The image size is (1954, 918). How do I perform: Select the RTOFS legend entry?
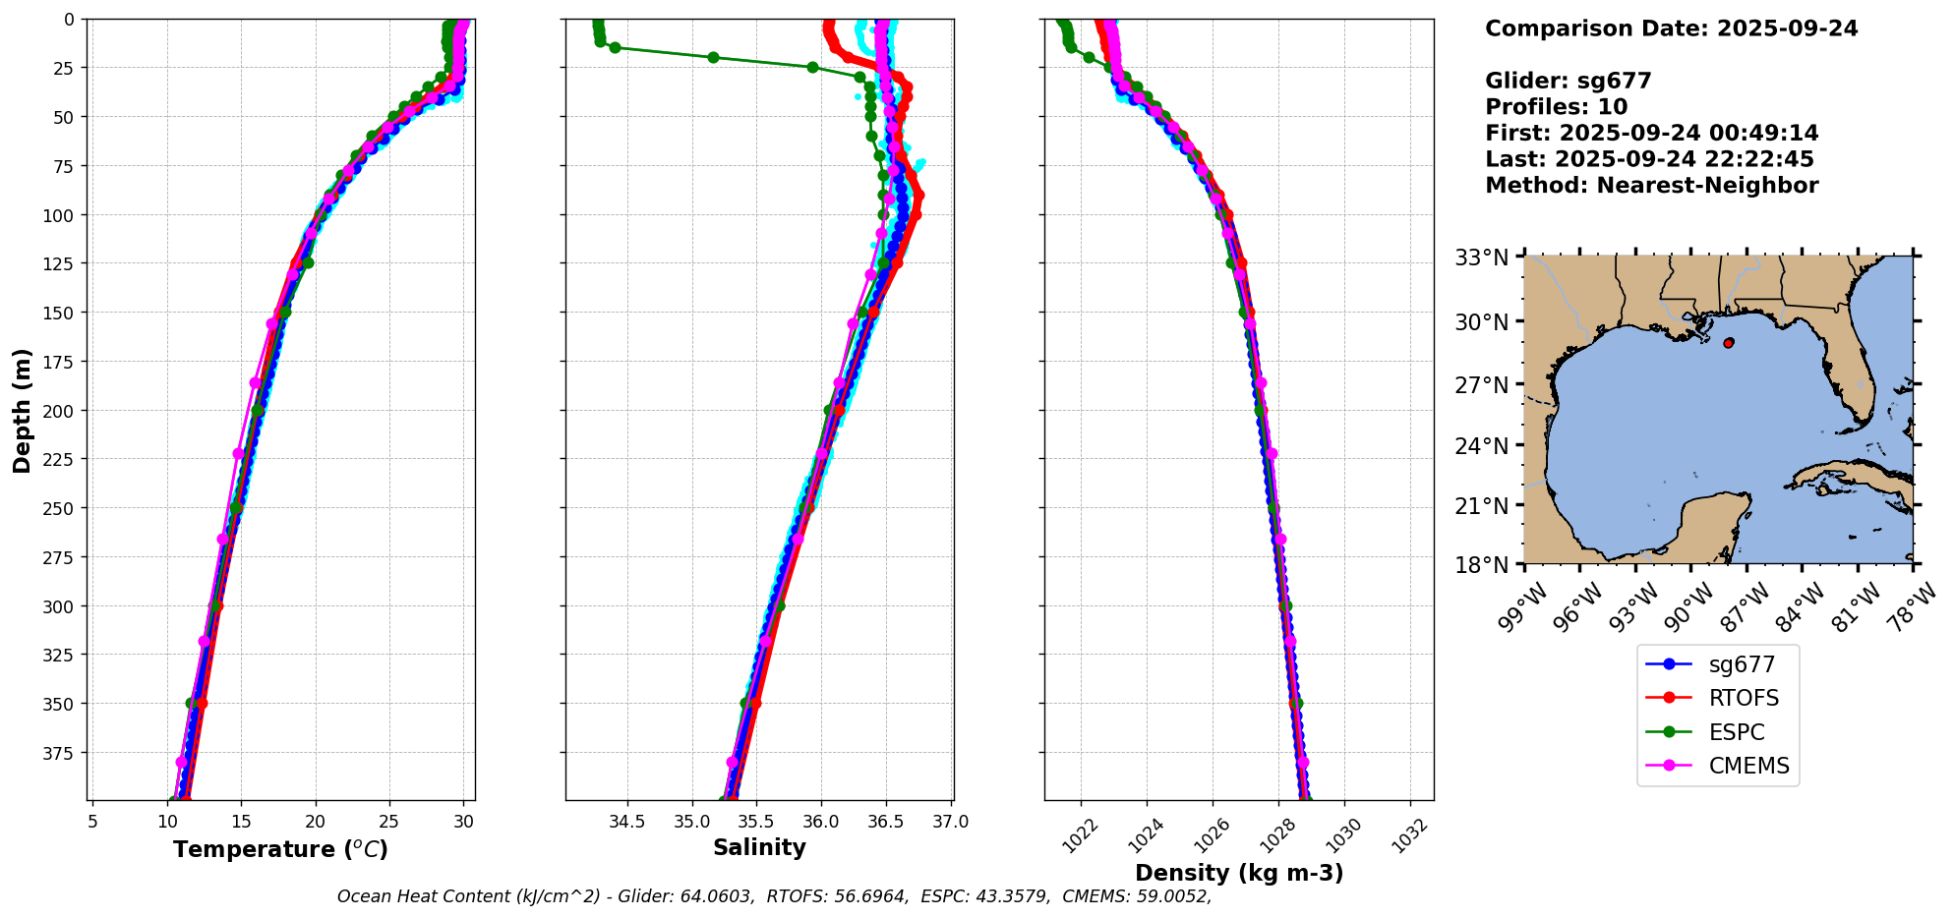click(1743, 698)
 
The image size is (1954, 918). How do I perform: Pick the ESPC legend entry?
click(1736, 732)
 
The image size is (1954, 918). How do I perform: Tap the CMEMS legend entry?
click(1748, 766)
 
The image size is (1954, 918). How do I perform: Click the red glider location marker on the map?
click(1729, 343)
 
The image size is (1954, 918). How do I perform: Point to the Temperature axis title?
click(280, 849)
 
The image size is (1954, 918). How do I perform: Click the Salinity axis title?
click(759, 847)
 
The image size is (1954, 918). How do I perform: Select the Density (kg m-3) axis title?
click(1239, 873)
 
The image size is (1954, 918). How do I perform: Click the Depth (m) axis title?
click(22, 410)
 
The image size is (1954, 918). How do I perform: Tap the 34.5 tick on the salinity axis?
click(626, 822)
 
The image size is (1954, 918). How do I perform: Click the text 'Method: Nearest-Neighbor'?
click(1651, 185)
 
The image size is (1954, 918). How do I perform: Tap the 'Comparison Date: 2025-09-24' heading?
click(1671, 29)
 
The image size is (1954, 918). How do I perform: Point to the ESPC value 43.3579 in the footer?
click(1009, 896)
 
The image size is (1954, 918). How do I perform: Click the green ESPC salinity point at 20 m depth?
click(713, 57)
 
